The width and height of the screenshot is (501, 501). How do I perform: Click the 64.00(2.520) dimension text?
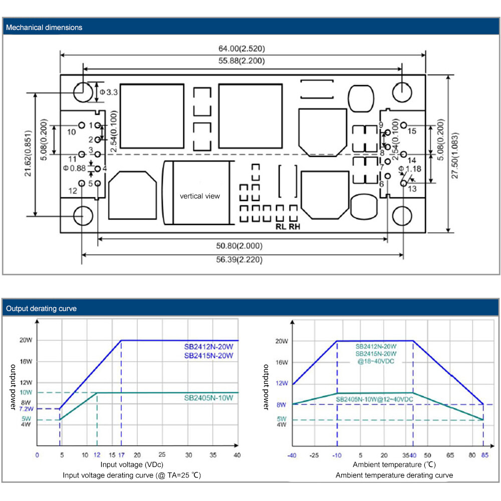(x=241, y=49)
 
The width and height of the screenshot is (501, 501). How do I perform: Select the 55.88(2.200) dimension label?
(x=241, y=61)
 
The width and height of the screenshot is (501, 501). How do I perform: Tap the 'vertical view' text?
(x=200, y=196)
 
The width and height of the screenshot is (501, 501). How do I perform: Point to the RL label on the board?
(x=281, y=226)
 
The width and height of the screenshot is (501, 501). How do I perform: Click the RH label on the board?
(x=294, y=226)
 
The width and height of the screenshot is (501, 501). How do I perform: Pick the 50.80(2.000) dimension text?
(x=239, y=245)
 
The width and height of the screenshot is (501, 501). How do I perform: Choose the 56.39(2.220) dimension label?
(x=239, y=260)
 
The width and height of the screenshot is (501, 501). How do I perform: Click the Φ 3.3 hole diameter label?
(x=109, y=92)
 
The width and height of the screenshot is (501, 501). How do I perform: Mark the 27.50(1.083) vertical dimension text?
(x=455, y=155)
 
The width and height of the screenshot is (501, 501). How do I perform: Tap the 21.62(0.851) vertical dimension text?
(x=28, y=153)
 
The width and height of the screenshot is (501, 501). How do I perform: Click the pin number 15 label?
(x=412, y=131)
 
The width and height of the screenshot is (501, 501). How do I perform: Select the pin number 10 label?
(x=71, y=132)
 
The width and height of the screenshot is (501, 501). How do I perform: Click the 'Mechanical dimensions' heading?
(x=44, y=28)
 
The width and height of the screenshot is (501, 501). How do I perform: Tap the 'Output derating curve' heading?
(x=41, y=309)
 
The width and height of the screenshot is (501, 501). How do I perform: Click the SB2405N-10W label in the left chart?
(x=208, y=398)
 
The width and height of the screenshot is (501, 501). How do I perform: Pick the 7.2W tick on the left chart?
(x=26, y=409)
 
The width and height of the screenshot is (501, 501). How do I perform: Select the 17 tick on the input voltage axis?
(x=121, y=455)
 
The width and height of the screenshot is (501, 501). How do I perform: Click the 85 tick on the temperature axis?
(x=484, y=455)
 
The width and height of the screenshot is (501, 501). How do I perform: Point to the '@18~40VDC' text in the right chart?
(x=376, y=361)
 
